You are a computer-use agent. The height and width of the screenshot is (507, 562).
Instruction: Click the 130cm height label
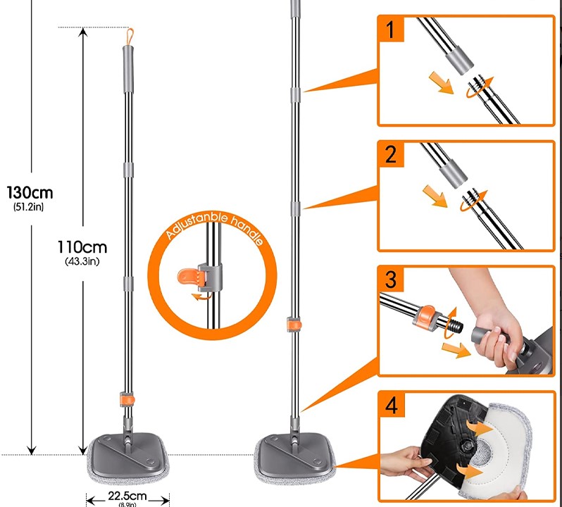coord(30,193)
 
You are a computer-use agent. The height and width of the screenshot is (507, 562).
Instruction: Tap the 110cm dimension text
coord(82,247)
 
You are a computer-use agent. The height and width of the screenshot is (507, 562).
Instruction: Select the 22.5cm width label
coord(127,496)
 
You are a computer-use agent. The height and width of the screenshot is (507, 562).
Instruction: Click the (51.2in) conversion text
coord(29,207)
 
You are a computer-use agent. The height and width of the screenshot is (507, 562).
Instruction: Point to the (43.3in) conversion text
coord(82,261)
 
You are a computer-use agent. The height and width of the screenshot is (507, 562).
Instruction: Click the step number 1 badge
coord(391,29)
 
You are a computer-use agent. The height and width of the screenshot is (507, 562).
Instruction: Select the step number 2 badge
coord(391,154)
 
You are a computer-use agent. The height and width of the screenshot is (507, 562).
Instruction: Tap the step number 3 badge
coord(391,280)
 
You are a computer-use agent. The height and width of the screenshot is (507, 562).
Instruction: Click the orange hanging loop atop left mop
coord(130,37)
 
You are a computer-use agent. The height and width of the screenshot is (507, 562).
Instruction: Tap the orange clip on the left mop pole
coord(127,399)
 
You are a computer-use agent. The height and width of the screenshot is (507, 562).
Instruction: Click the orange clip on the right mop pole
coord(294,325)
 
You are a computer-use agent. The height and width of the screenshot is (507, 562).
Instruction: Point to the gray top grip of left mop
coord(128,69)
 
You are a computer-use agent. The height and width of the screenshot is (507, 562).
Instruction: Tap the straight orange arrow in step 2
coord(435,196)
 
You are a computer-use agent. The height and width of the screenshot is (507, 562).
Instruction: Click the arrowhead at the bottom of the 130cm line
coord(32,451)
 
